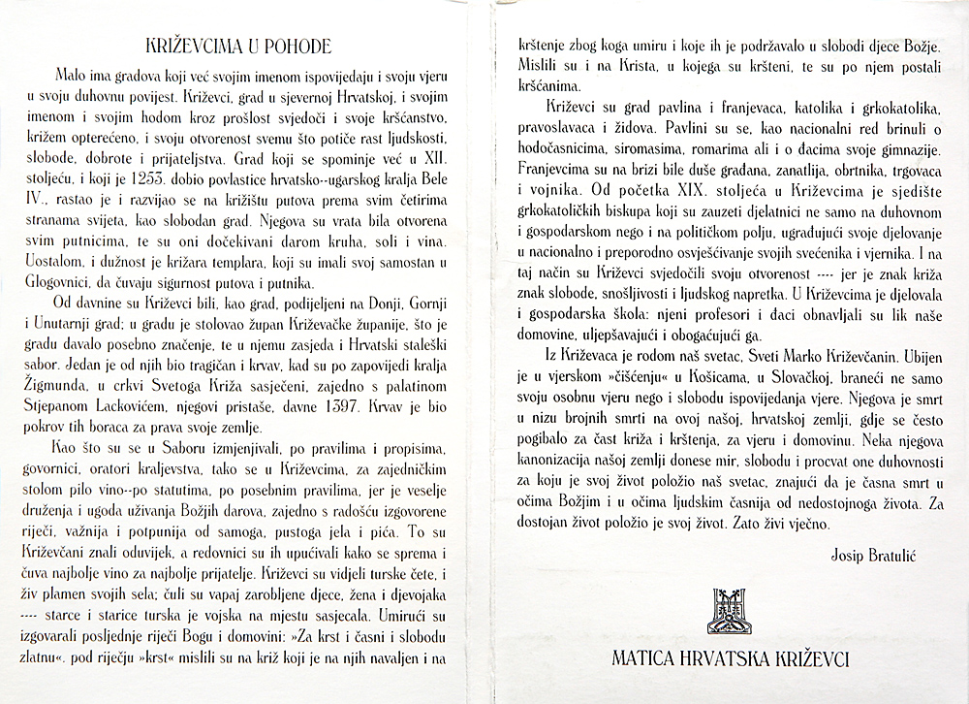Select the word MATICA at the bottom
[x=646, y=658]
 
